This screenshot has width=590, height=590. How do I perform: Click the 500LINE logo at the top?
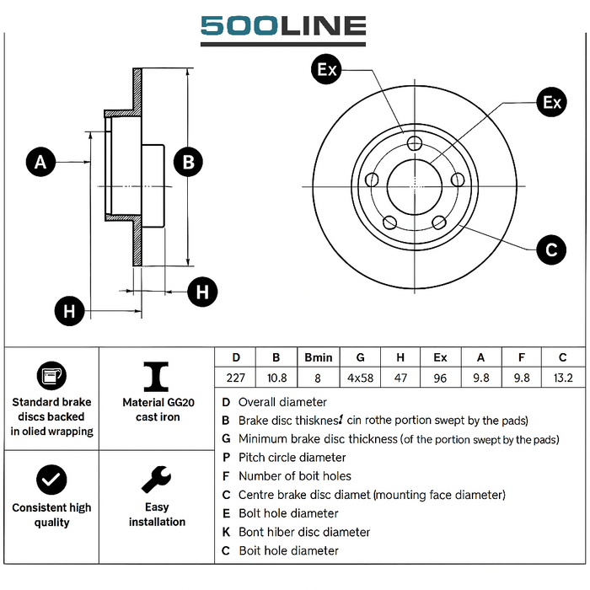(x=282, y=29)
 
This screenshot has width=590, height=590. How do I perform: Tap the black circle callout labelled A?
(x=40, y=161)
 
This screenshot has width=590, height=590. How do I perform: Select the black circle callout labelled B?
(x=189, y=162)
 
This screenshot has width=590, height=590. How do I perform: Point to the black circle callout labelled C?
(x=551, y=249)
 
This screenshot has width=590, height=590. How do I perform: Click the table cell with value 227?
(x=236, y=378)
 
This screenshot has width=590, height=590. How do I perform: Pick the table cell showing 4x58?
(x=360, y=378)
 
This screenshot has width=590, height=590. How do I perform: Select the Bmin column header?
(x=319, y=357)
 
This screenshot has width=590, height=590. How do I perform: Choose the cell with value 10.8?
(x=277, y=378)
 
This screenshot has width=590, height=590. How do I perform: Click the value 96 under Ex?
(x=440, y=378)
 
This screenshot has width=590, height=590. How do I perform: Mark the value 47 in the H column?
(x=400, y=378)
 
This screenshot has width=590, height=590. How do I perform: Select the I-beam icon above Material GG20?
(x=156, y=376)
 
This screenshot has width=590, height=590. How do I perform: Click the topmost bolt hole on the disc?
(x=414, y=143)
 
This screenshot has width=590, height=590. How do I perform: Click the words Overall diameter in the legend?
(x=282, y=402)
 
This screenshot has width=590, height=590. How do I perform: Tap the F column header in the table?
(x=522, y=357)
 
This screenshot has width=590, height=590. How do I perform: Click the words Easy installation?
(x=157, y=514)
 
